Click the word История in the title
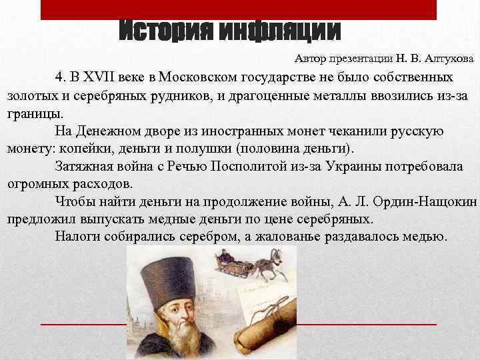click(x=167, y=31)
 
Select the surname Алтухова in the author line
click(x=446, y=59)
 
